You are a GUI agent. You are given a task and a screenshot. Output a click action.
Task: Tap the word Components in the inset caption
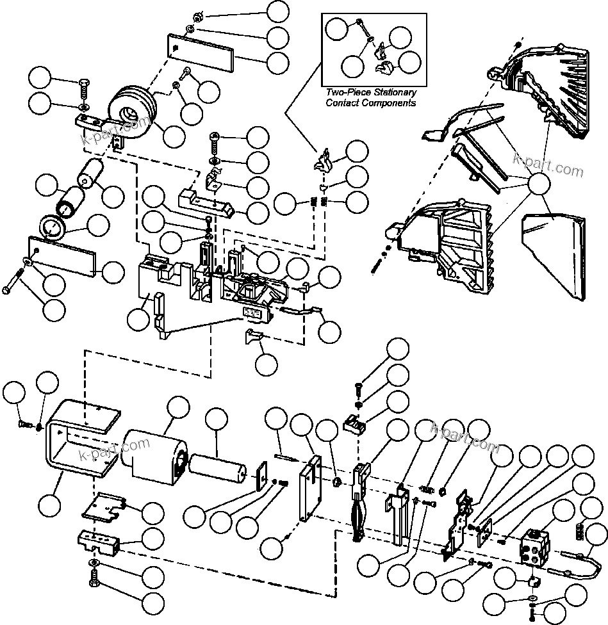coord(388,102)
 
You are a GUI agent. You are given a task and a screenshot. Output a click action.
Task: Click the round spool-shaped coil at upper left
coord(132,113)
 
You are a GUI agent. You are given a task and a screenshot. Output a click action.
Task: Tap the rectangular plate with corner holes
coord(311,490)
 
